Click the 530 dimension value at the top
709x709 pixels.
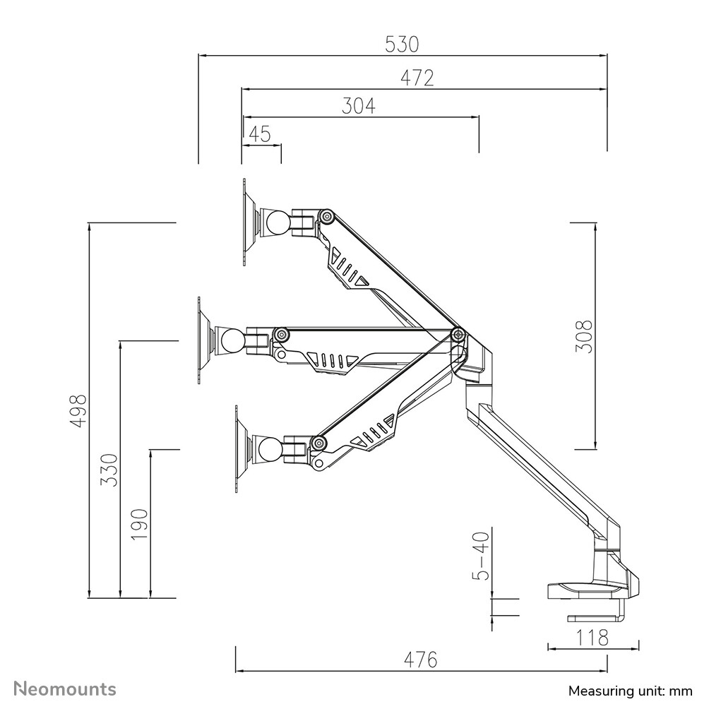(x=402, y=44)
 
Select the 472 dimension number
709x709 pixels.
(x=417, y=78)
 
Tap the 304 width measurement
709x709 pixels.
(x=359, y=106)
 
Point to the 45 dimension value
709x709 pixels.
(x=260, y=134)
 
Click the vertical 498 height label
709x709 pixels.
(x=78, y=410)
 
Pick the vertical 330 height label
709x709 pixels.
(x=109, y=469)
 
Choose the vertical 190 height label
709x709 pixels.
(x=139, y=524)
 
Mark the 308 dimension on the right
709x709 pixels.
(x=583, y=336)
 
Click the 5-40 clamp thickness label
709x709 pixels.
(x=480, y=556)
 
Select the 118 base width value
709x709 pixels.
(x=592, y=638)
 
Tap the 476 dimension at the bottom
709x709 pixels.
(x=421, y=660)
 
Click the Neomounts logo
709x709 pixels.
(x=66, y=689)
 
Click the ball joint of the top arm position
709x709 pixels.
(x=276, y=223)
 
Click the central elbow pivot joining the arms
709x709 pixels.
(x=458, y=334)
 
